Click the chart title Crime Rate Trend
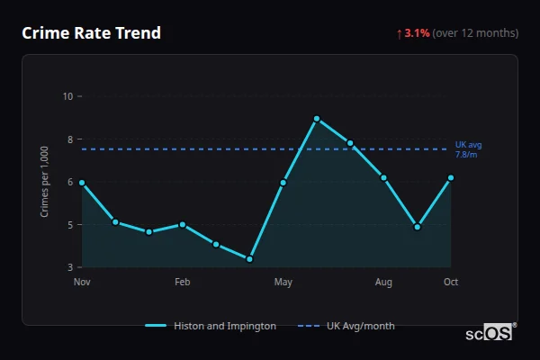coord(91,33)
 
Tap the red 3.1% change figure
coord(417,33)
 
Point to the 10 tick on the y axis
coord(68,96)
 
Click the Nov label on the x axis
coord(82,283)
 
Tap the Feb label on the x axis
coord(182,283)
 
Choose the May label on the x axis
coord(283,283)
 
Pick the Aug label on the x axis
coord(383,283)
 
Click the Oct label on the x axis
coord(451,283)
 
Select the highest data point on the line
coord(317,119)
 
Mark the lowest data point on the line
coord(249,259)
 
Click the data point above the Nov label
coord(82,183)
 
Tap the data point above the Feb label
coord(183,224)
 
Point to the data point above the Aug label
coord(383,177)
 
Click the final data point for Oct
coord(451,177)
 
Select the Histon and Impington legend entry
coord(211,326)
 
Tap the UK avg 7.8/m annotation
coord(468,149)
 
